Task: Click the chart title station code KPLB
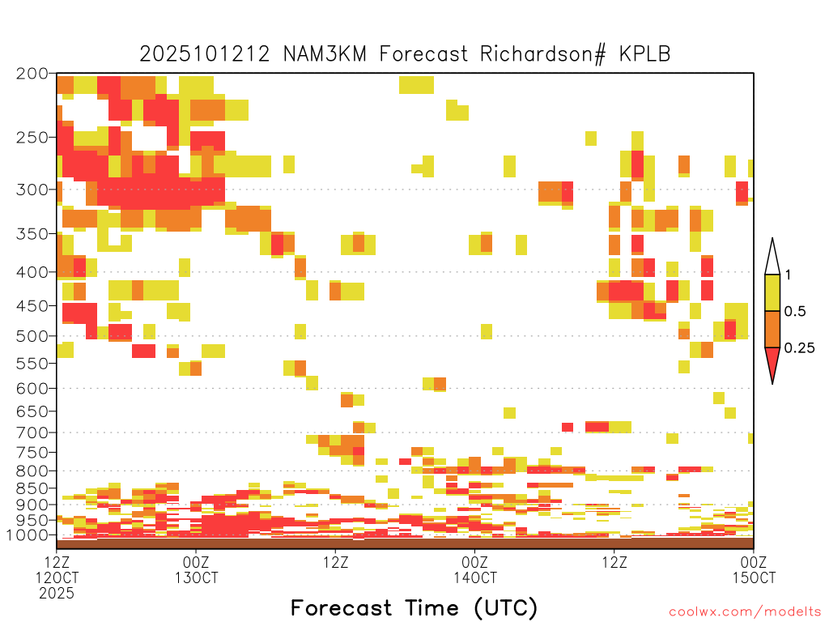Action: (x=644, y=54)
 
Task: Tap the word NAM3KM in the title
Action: (x=325, y=54)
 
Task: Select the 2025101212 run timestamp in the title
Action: (x=205, y=54)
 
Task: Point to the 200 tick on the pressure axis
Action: (x=32, y=74)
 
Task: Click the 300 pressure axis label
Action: (x=32, y=190)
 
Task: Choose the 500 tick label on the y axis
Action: (x=32, y=336)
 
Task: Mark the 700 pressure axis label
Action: (x=32, y=432)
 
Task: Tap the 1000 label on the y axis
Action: (x=28, y=535)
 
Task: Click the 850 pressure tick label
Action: (x=32, y=488)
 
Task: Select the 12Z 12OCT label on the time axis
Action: (x=57, y=569)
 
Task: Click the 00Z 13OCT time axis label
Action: (x=196, y=569)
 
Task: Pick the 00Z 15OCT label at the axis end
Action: (x=754, y=569)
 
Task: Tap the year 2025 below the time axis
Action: (x=57, y=593)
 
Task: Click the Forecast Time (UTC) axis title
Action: (x=414, y=607)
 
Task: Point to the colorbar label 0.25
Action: (x=799, y=348)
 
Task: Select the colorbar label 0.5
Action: (x=795, y=311)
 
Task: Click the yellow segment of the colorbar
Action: (x=772, y=292)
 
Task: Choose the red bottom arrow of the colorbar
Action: (x=772, y=362)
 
